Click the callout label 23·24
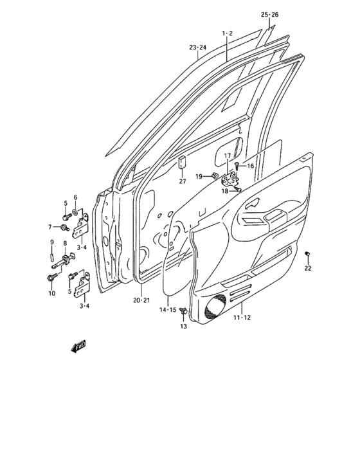coord(197,48)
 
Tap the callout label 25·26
coord(269,15)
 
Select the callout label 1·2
coord(227,33)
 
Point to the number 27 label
coord(182,181)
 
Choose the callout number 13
coord(183,327)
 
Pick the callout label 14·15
coord(168,310)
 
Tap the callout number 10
coord(51,294)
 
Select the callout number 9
coord(51,242)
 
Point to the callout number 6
coord(75,197)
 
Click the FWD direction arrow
coord(78,348)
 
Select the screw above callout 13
coord(184,312)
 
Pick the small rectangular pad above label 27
coord(182,162)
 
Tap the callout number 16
coord(250,166)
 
